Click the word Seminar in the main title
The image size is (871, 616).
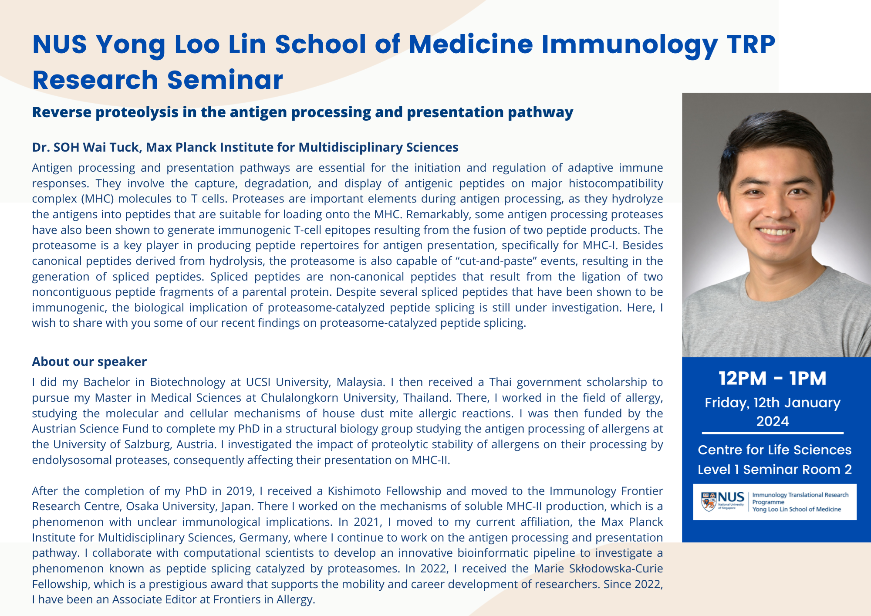tap(225, 80)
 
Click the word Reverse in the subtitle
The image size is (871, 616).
tap(61, 112)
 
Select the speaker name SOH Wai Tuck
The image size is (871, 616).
tap(96, 147)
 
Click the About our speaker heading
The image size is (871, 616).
tap(89, 362)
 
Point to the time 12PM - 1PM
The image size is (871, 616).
tap(772, 378)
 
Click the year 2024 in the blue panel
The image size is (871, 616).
tap(773, 421)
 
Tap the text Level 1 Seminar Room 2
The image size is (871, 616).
tap(774, 470)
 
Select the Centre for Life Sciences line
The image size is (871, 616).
tap(774, 450)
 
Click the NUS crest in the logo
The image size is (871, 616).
tap(709, 501)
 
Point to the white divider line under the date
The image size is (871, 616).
tap(773, 433)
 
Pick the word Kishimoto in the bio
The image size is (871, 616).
tap(354, 491)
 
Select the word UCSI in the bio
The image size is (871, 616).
tap(258, 382)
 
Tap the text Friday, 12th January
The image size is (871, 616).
tap(773, 403)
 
